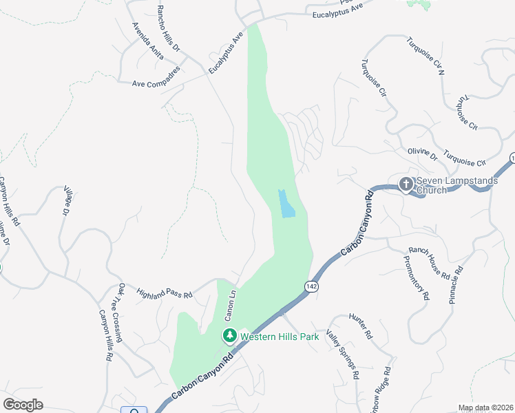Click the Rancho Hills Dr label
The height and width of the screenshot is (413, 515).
click(168, 29)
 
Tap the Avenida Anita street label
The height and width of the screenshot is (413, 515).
click(147, 41)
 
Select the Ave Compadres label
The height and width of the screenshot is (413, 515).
click(156, 77)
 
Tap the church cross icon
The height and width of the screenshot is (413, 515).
click(406, 184)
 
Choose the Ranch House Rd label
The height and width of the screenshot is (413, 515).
click(429, 262)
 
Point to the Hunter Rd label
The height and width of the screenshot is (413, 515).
click(361, 326)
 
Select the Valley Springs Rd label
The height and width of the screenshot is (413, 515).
click(343, 353)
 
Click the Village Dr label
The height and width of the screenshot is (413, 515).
click(67, 200)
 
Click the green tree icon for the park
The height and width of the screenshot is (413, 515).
click(229, 336)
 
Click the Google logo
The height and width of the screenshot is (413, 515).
click(23, 404)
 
